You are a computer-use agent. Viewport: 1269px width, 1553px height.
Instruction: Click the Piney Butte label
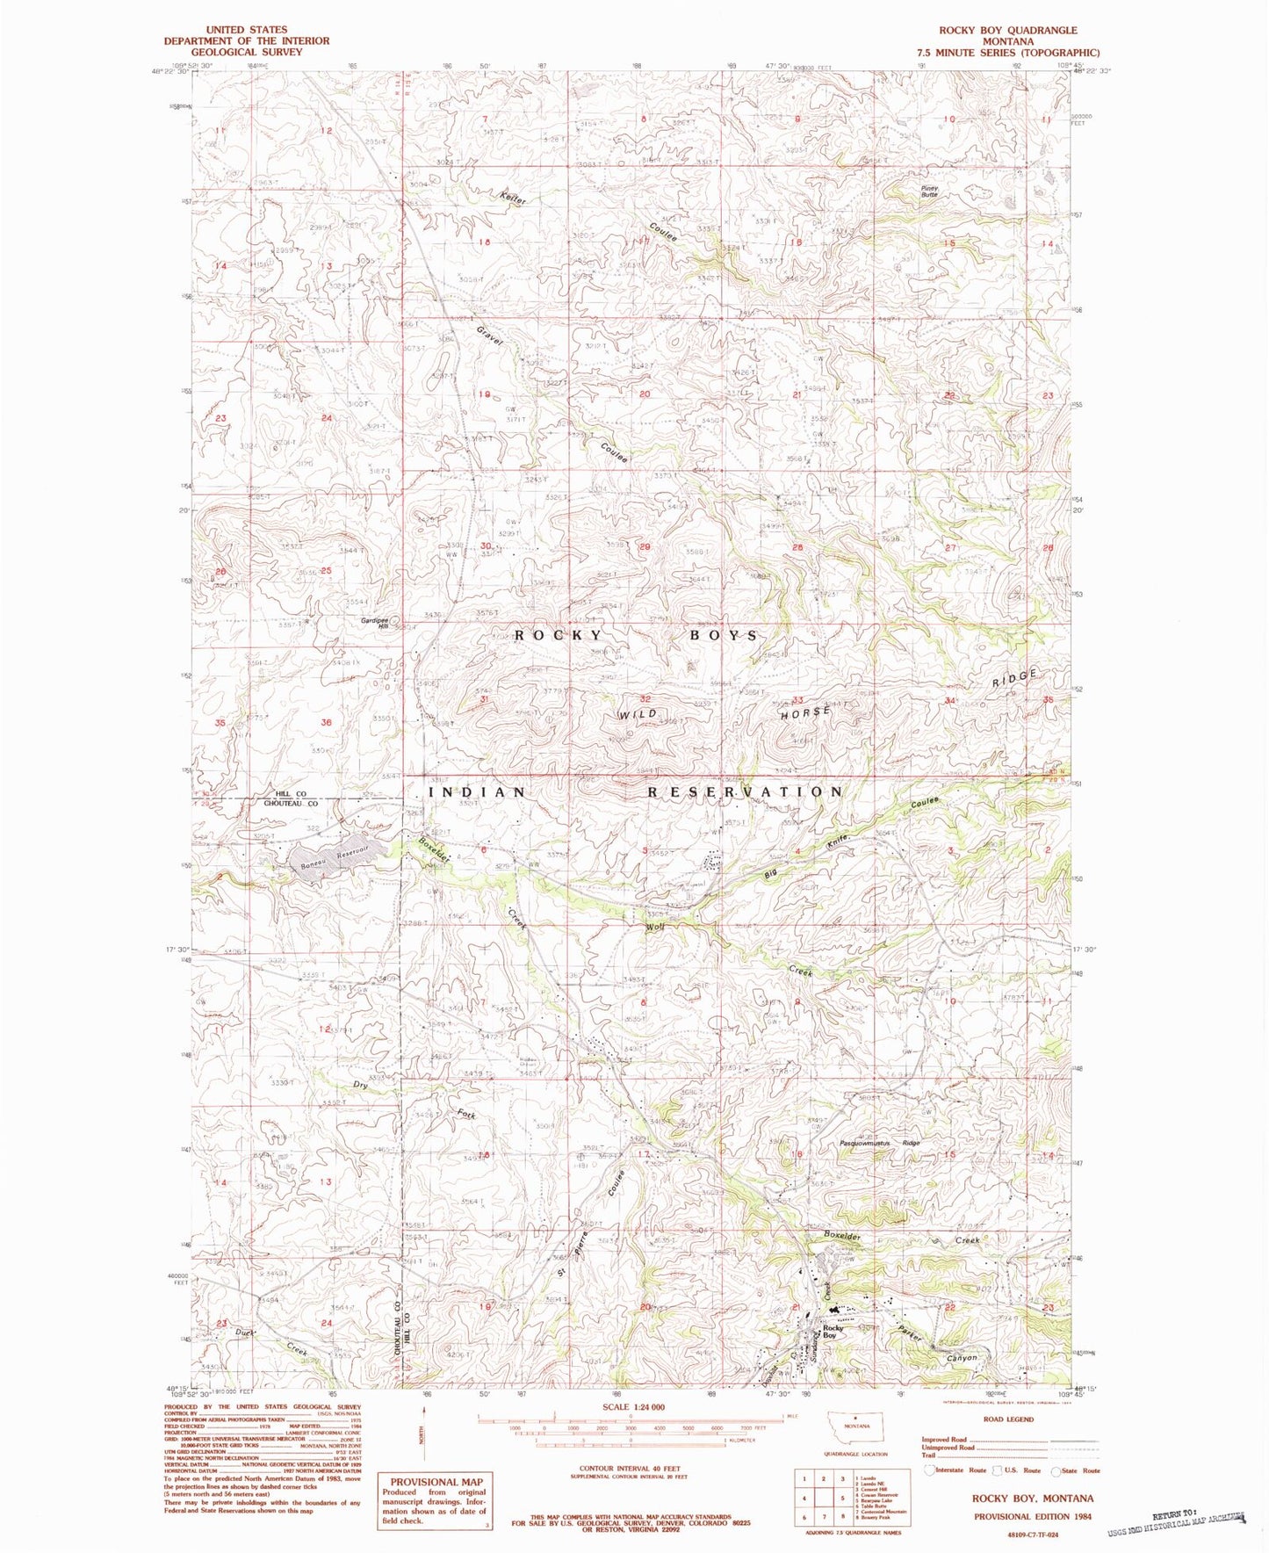point(928,191)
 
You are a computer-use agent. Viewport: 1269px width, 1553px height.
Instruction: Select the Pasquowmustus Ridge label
point(880,1143)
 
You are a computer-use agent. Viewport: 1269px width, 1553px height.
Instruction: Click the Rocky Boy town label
point(833,1331)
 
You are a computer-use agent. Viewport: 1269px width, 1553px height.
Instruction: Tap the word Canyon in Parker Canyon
point(962,1358)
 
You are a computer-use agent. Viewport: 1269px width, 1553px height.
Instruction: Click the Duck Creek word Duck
point(245,1333)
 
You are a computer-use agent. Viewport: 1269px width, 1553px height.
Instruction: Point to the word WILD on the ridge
point(638,714)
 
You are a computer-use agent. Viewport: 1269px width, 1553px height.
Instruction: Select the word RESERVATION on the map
point(745,791)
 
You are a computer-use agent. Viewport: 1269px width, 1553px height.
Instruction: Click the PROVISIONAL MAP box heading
point(436,1481)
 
